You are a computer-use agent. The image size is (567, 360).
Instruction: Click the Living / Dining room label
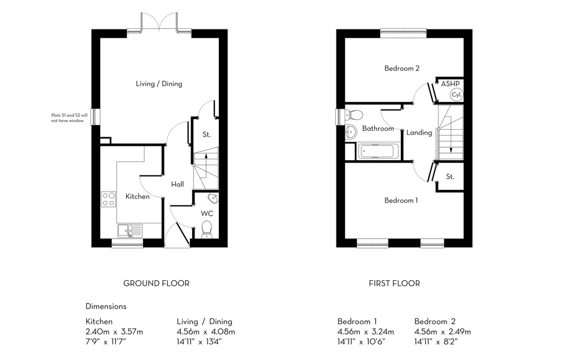pos(159,84)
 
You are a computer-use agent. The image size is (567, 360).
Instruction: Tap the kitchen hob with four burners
pos(109,199)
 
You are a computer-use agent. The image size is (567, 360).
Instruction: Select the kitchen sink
pos(130,231)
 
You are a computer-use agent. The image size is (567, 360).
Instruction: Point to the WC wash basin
pos(213,199)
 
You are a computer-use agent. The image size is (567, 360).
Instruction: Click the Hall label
pos(177,185)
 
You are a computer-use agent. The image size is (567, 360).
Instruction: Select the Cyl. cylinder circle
pos(456,95)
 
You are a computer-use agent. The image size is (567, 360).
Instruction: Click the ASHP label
pos(450,84)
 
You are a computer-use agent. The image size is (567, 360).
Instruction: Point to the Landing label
pos(419,133)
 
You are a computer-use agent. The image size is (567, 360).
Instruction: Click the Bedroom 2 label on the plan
pos(402,68)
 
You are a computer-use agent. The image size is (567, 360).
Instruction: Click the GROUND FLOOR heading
pos(156,284)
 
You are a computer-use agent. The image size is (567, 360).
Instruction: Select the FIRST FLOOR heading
pos(394,284)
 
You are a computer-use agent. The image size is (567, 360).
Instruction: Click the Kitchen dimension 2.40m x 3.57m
pos(114,332)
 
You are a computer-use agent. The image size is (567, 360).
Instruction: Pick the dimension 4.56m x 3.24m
pos(365,332)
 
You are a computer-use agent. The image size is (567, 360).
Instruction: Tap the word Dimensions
pos(106,306)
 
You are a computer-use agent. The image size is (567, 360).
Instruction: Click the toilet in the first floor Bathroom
pos(354,113)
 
